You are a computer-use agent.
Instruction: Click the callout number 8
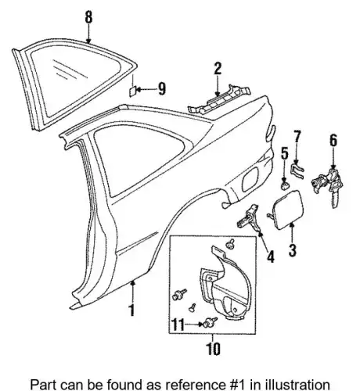tap(88, 17)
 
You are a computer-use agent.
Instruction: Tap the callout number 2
tap(218, 69)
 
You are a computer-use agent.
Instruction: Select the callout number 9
tap(162, 88)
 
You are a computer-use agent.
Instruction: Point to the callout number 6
tap(333, 140)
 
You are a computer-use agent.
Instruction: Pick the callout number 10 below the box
tap(213, 349)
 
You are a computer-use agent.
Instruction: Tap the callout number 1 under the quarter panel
tap(132, 310)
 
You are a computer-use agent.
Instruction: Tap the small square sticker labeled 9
tap(133, 91)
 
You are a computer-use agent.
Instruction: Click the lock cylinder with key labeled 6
tap(328, 184)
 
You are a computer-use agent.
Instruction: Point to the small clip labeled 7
tap(297, 170)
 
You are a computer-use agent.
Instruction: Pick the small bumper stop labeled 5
tap(285, 185)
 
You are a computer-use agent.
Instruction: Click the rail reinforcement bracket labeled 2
tap(218, 101)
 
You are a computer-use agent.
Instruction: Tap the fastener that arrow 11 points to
tap(210, 322)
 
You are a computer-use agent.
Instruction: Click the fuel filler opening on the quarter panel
tap(250, 179)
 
